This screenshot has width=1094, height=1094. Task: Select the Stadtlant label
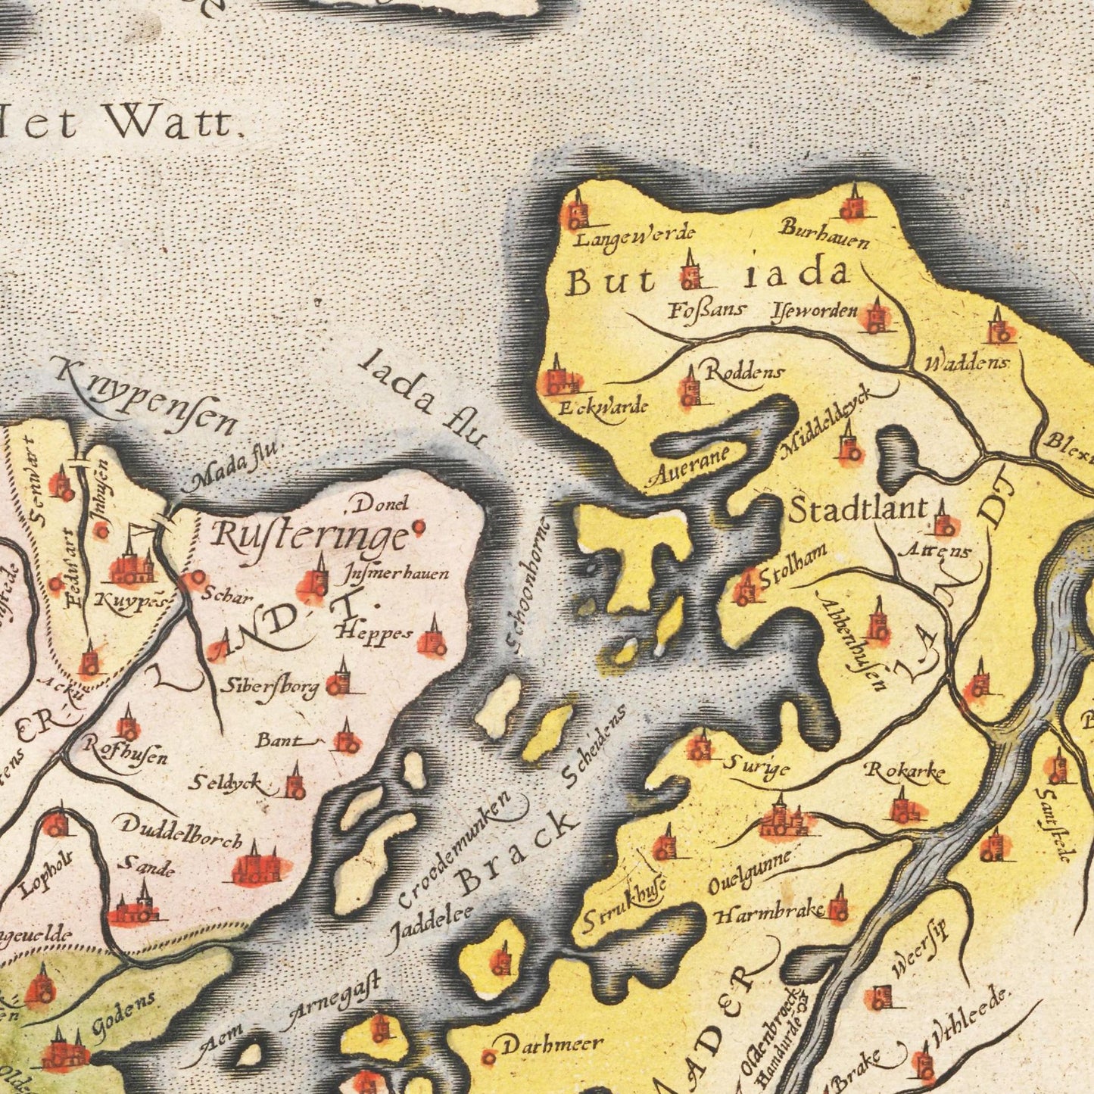click(x=859, y=510)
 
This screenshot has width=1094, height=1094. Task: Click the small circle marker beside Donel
click(x=418, y=526)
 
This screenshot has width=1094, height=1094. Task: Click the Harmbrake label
click(x=768, y=913)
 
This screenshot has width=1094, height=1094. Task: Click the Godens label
click(x=124, y=1013)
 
